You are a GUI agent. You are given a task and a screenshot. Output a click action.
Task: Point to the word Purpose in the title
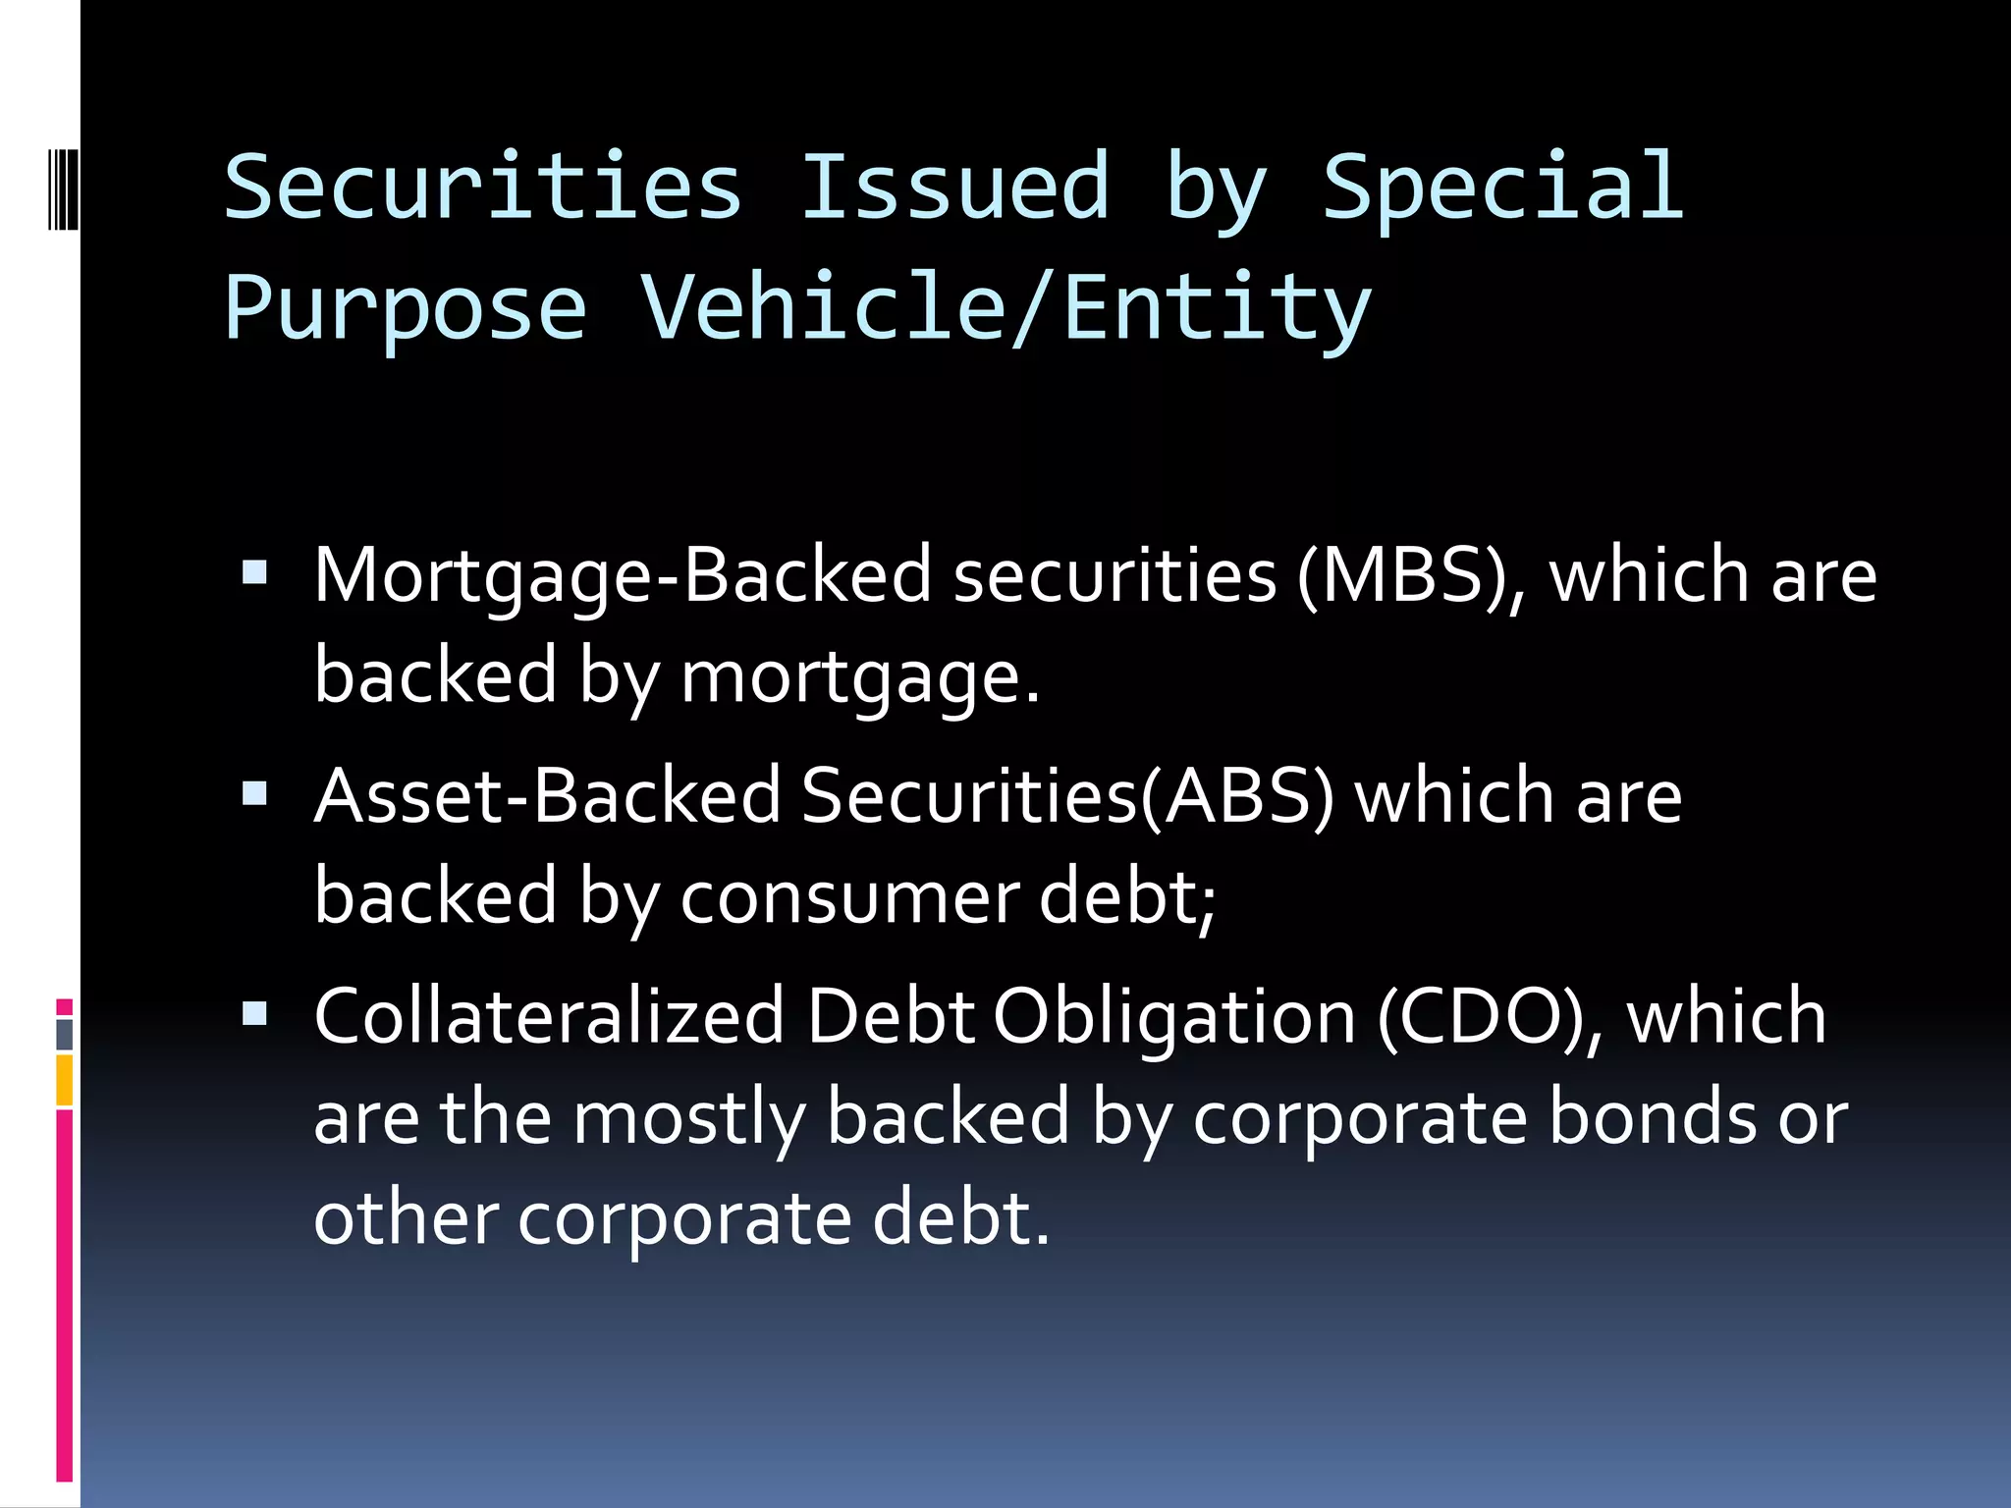(406, 308)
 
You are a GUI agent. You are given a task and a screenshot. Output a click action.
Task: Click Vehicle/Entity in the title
(1005, 308)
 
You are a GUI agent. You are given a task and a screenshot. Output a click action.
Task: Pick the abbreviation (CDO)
(1489, 1016)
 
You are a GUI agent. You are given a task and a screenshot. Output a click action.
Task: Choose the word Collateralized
(549, 1016)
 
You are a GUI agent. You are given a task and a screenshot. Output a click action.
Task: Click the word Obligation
(1174, 1018)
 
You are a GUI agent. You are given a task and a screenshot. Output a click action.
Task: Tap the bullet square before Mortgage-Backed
(254, 572)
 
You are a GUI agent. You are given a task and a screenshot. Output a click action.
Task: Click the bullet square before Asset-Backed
(254, 792)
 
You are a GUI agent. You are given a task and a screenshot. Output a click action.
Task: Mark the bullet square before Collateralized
(254, 1012)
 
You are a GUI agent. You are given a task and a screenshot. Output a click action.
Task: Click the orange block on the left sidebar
(65, 1080)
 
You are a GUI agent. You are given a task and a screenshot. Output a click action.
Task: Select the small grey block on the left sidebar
(65, 1035)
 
